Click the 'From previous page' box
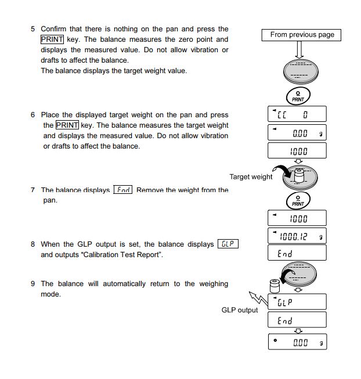tap(302, 35)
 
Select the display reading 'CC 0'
tap(297, 114)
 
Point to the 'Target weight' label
tap(251, 177)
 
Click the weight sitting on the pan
tap(299, 174)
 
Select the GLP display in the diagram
tap(297, 302)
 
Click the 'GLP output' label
tap(240, 310)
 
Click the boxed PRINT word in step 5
tap(52, 39)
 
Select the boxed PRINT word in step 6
tap(67, 125)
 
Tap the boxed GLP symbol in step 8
tap(228, 244)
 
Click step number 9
tap(33, 284)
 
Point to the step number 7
tap(33, 190)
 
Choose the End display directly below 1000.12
tap(297, 254)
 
